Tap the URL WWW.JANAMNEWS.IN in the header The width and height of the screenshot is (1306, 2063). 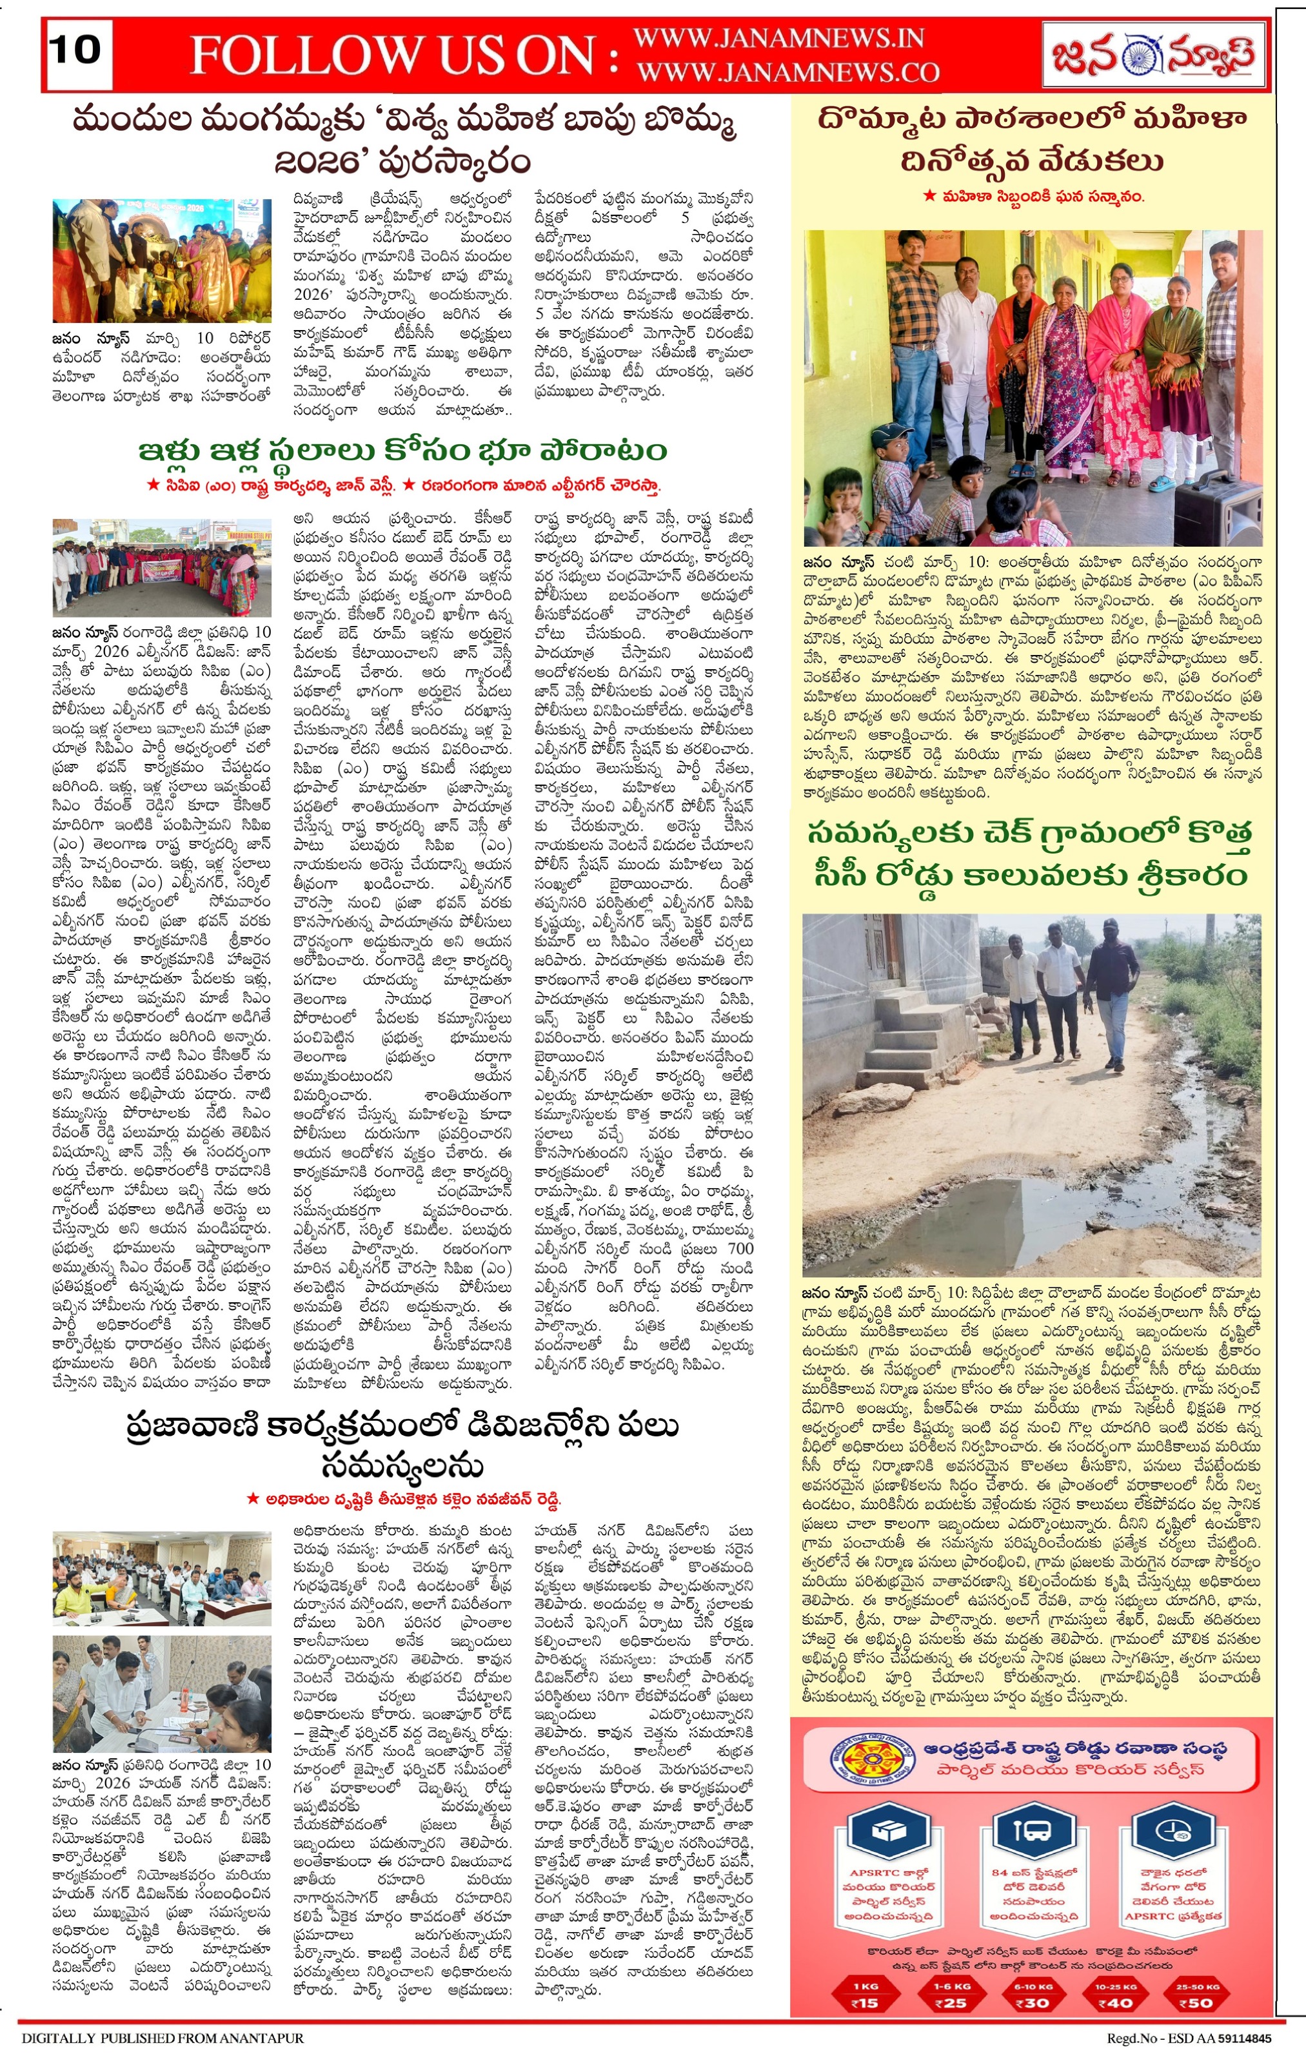(x=778, y=39)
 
